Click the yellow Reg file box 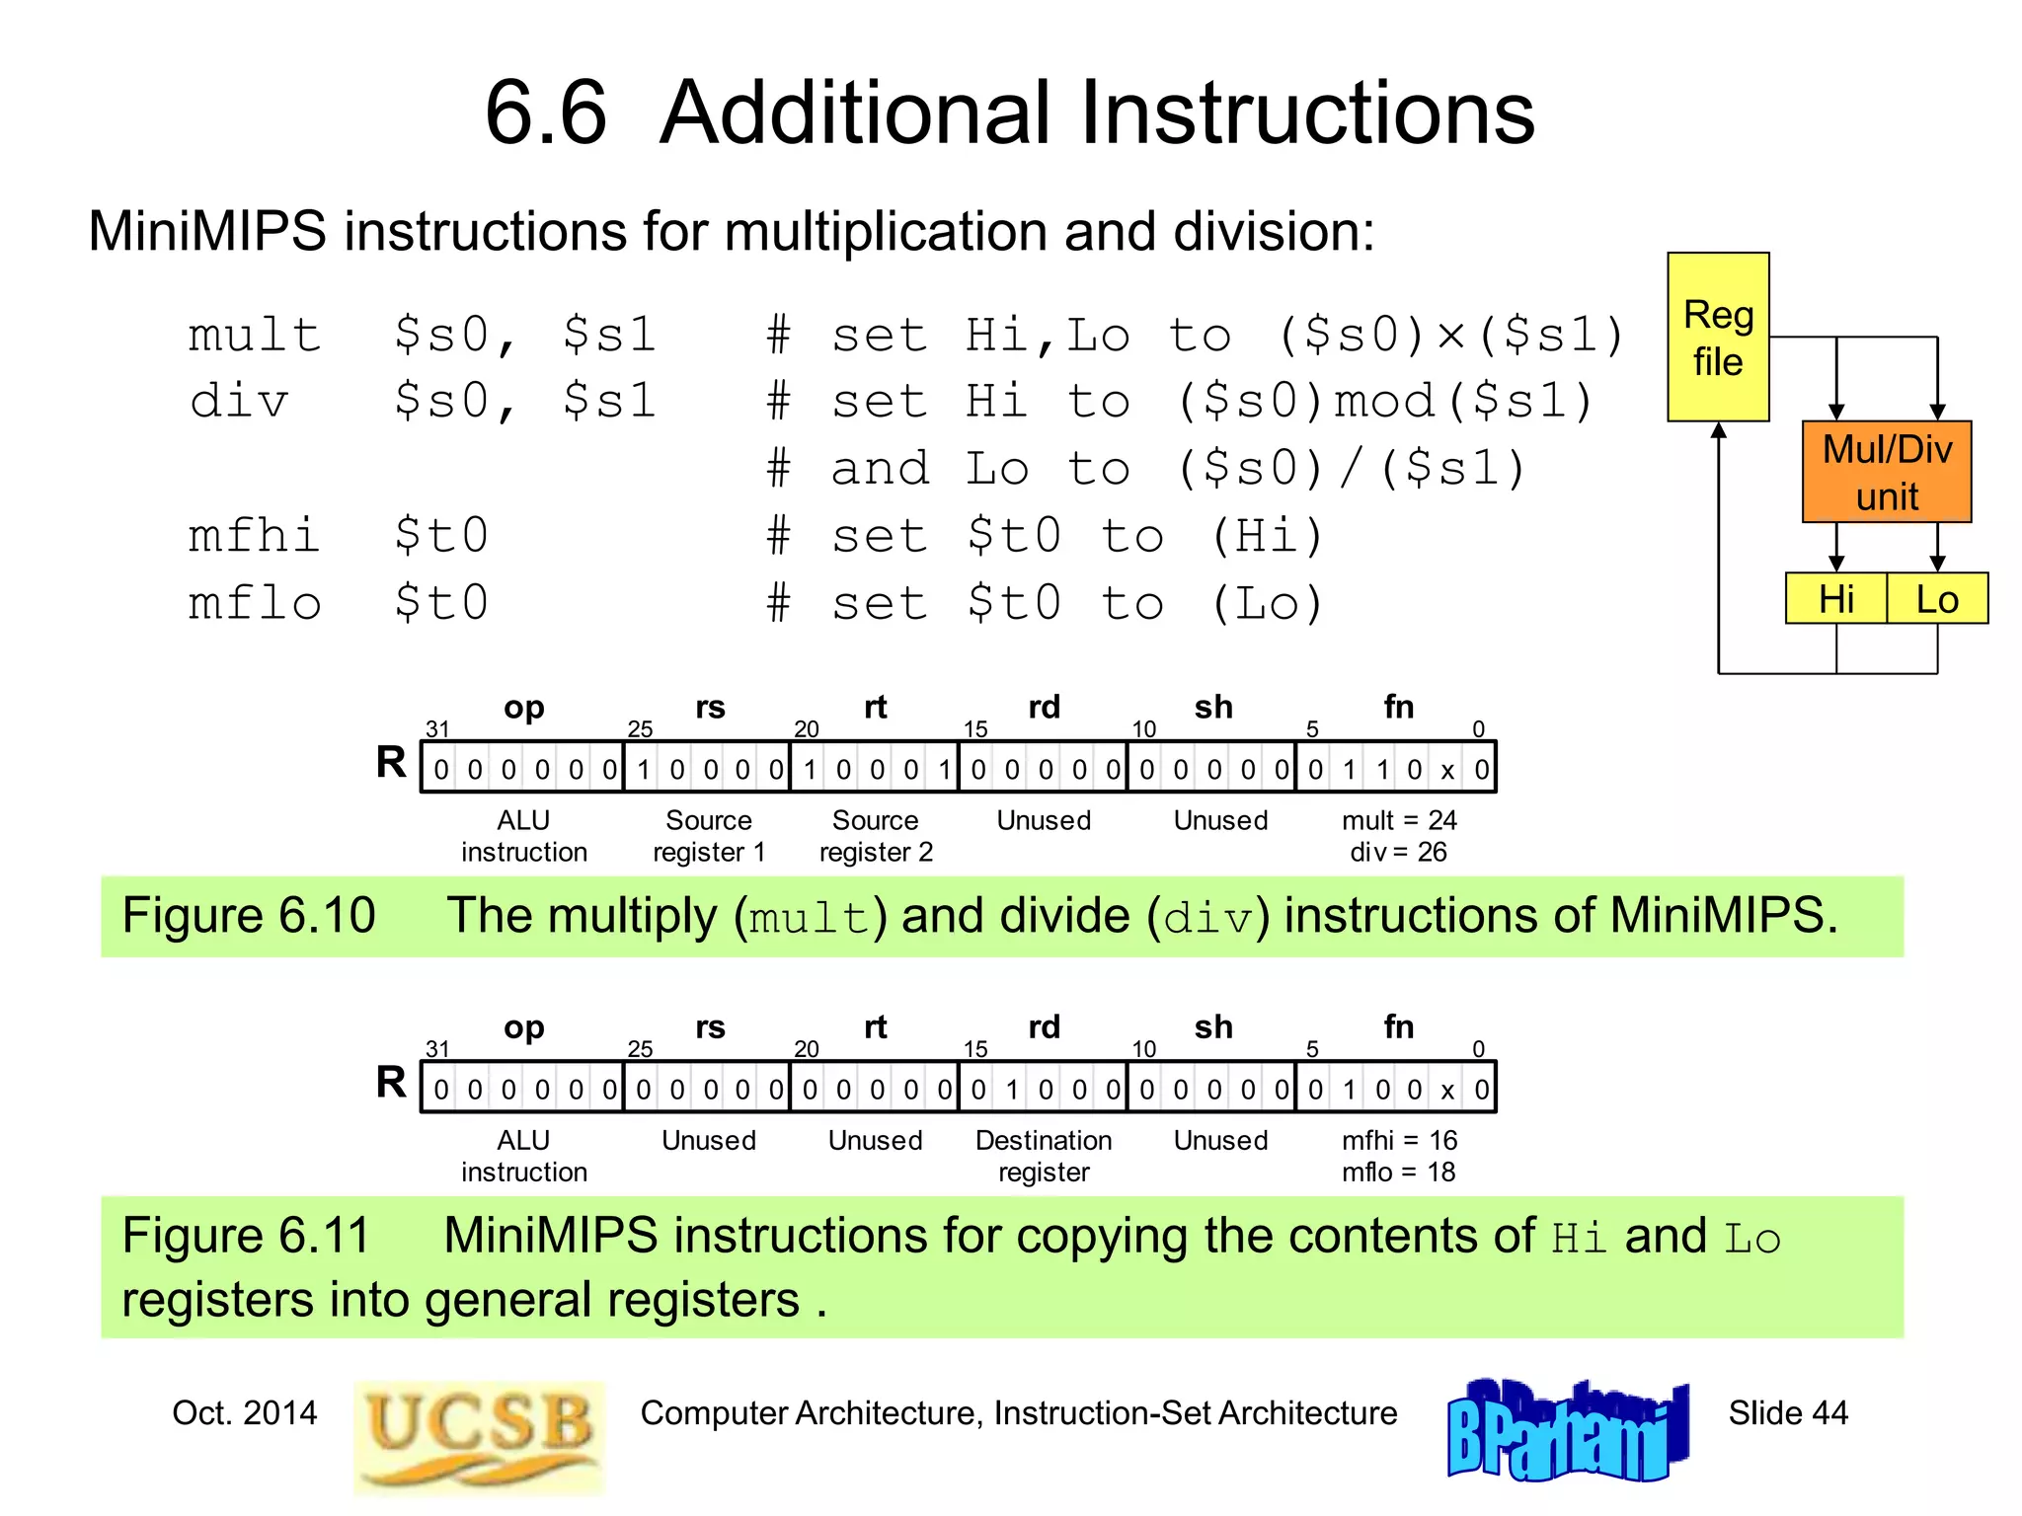pyautogui.click(x=1717, y=338)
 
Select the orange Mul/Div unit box pyautogui.click(x=1886, y=472)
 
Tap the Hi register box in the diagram pyautogui.click(x=1835, y=599)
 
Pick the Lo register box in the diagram pyautogui.click(x=1936, y=599)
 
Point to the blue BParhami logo pyautogui.click(x=1567, y=1430)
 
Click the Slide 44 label pyautogui.click(x=1787, y=1412)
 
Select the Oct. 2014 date pyautogui.click(x=245, y=1412)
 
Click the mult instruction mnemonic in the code pyautogui.click(x=255, y=335)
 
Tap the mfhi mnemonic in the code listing pyautogui.click(x=255, y=536)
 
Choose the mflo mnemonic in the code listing pyautogui.click(x=255, y=603)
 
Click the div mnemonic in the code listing pyautogui.click(x=239, y=402)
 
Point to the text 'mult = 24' pyautogui.click(x=1399, y=820)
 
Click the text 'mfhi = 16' pyautogui.click(x=1399, y=1140)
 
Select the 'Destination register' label pyautogui.click(x=1044, y=1156)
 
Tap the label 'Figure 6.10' pyautogui.click(x=249, y=915)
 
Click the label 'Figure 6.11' pyautogui.click(x=246, y=1235)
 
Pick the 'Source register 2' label pyautogui.click(x=876, y=836)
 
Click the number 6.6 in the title pyautogui.click(x=545, y=113)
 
